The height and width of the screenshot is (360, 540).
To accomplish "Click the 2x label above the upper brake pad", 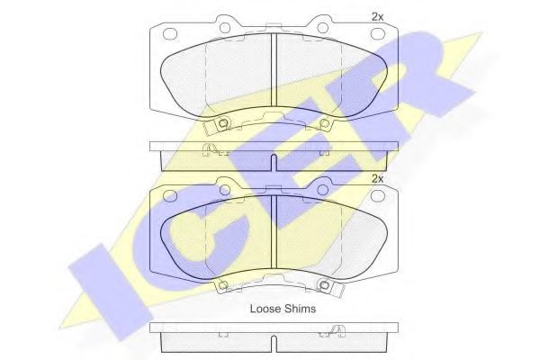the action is point(377,17).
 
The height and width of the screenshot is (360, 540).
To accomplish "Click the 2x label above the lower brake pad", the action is point(377,179).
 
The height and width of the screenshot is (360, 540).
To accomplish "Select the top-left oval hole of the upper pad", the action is point(170,34).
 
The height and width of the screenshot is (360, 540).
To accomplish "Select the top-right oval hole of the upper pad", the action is point(377,34).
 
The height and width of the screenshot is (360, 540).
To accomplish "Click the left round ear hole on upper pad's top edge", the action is point(225,27).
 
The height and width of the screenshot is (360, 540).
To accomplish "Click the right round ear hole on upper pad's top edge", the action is point(323,27).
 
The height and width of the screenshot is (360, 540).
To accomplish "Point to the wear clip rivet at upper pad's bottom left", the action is point(223,122).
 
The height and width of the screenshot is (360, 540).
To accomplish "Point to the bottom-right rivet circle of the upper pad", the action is point(324,122).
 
